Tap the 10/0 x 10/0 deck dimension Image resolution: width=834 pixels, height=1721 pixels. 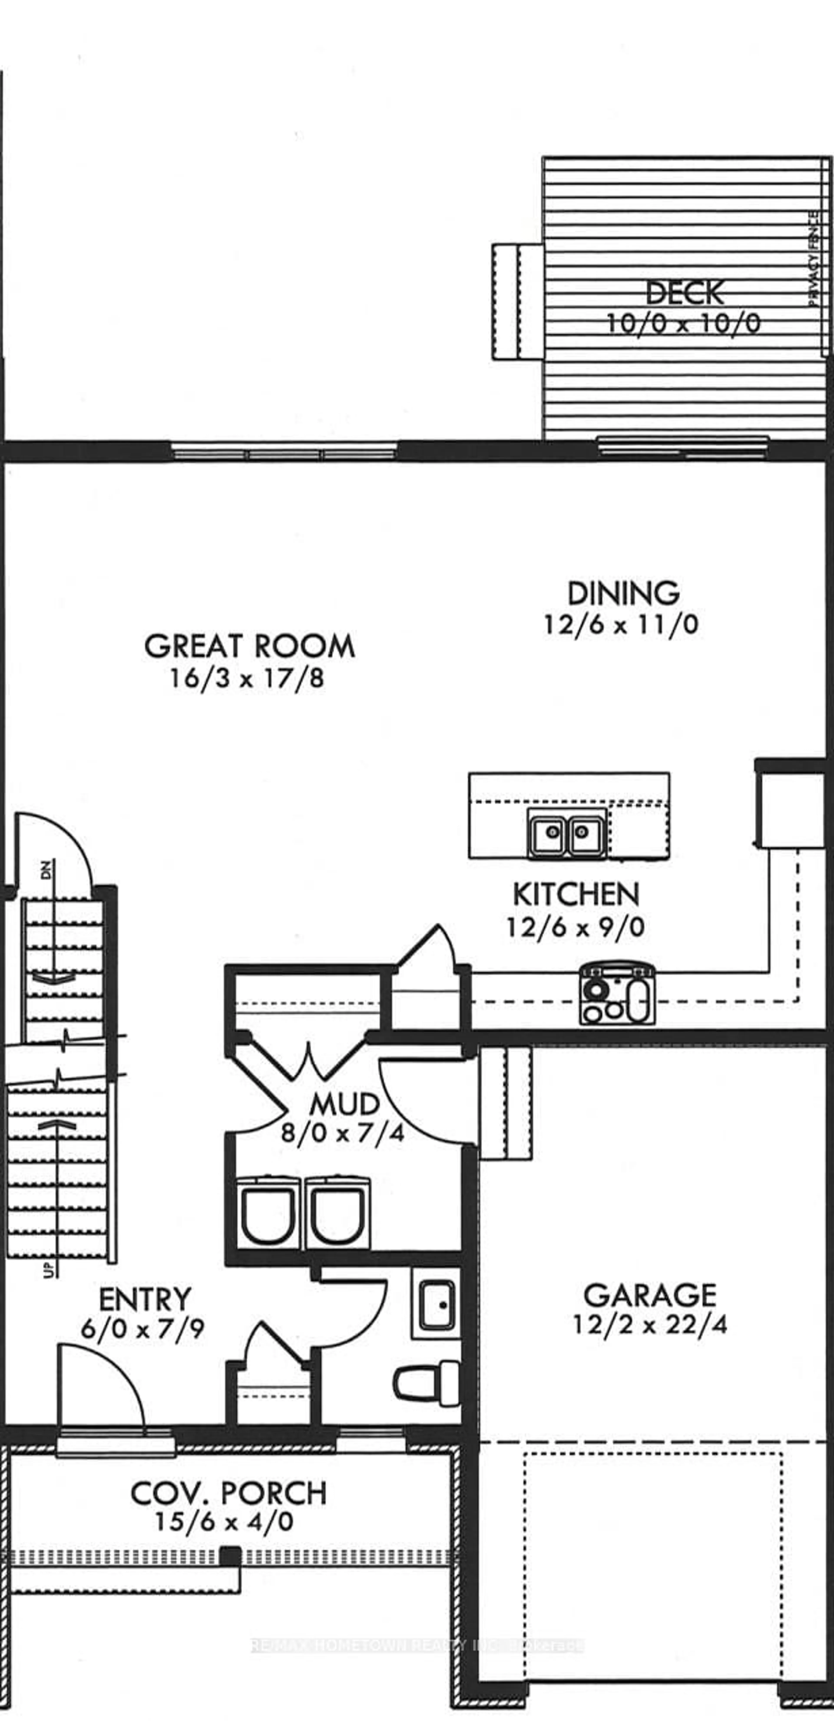point(683,324)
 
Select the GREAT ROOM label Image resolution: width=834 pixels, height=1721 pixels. point(249,647)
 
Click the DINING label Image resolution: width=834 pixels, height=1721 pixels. point(623,593)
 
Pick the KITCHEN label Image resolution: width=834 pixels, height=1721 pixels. point(576,894)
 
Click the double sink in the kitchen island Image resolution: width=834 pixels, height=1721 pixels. point(567,832)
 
